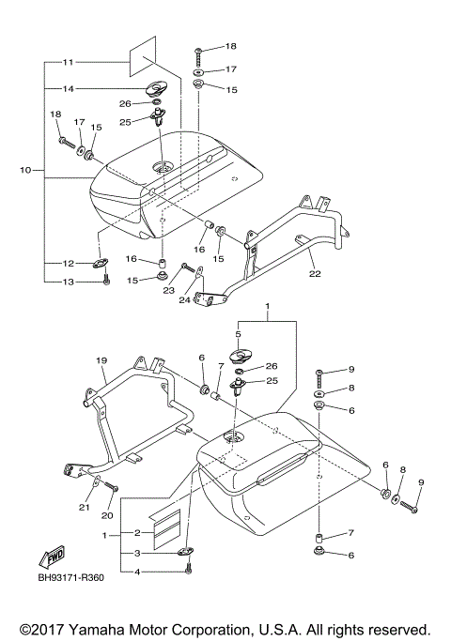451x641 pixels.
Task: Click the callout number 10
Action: coord(24,170)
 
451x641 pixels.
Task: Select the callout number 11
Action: coord(68,62)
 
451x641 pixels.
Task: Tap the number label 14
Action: coord(68,89)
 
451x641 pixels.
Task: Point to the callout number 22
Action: coord(315,275)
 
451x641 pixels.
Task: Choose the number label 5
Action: coord(239,333)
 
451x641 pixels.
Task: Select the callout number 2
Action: coord(136,531)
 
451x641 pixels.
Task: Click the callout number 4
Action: coord(136,572)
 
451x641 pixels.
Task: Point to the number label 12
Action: coord(68,263)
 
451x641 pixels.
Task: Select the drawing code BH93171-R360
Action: coord(70,578)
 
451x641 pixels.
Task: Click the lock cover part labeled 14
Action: coord(153,90)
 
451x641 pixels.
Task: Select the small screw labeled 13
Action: coord(106,280)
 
